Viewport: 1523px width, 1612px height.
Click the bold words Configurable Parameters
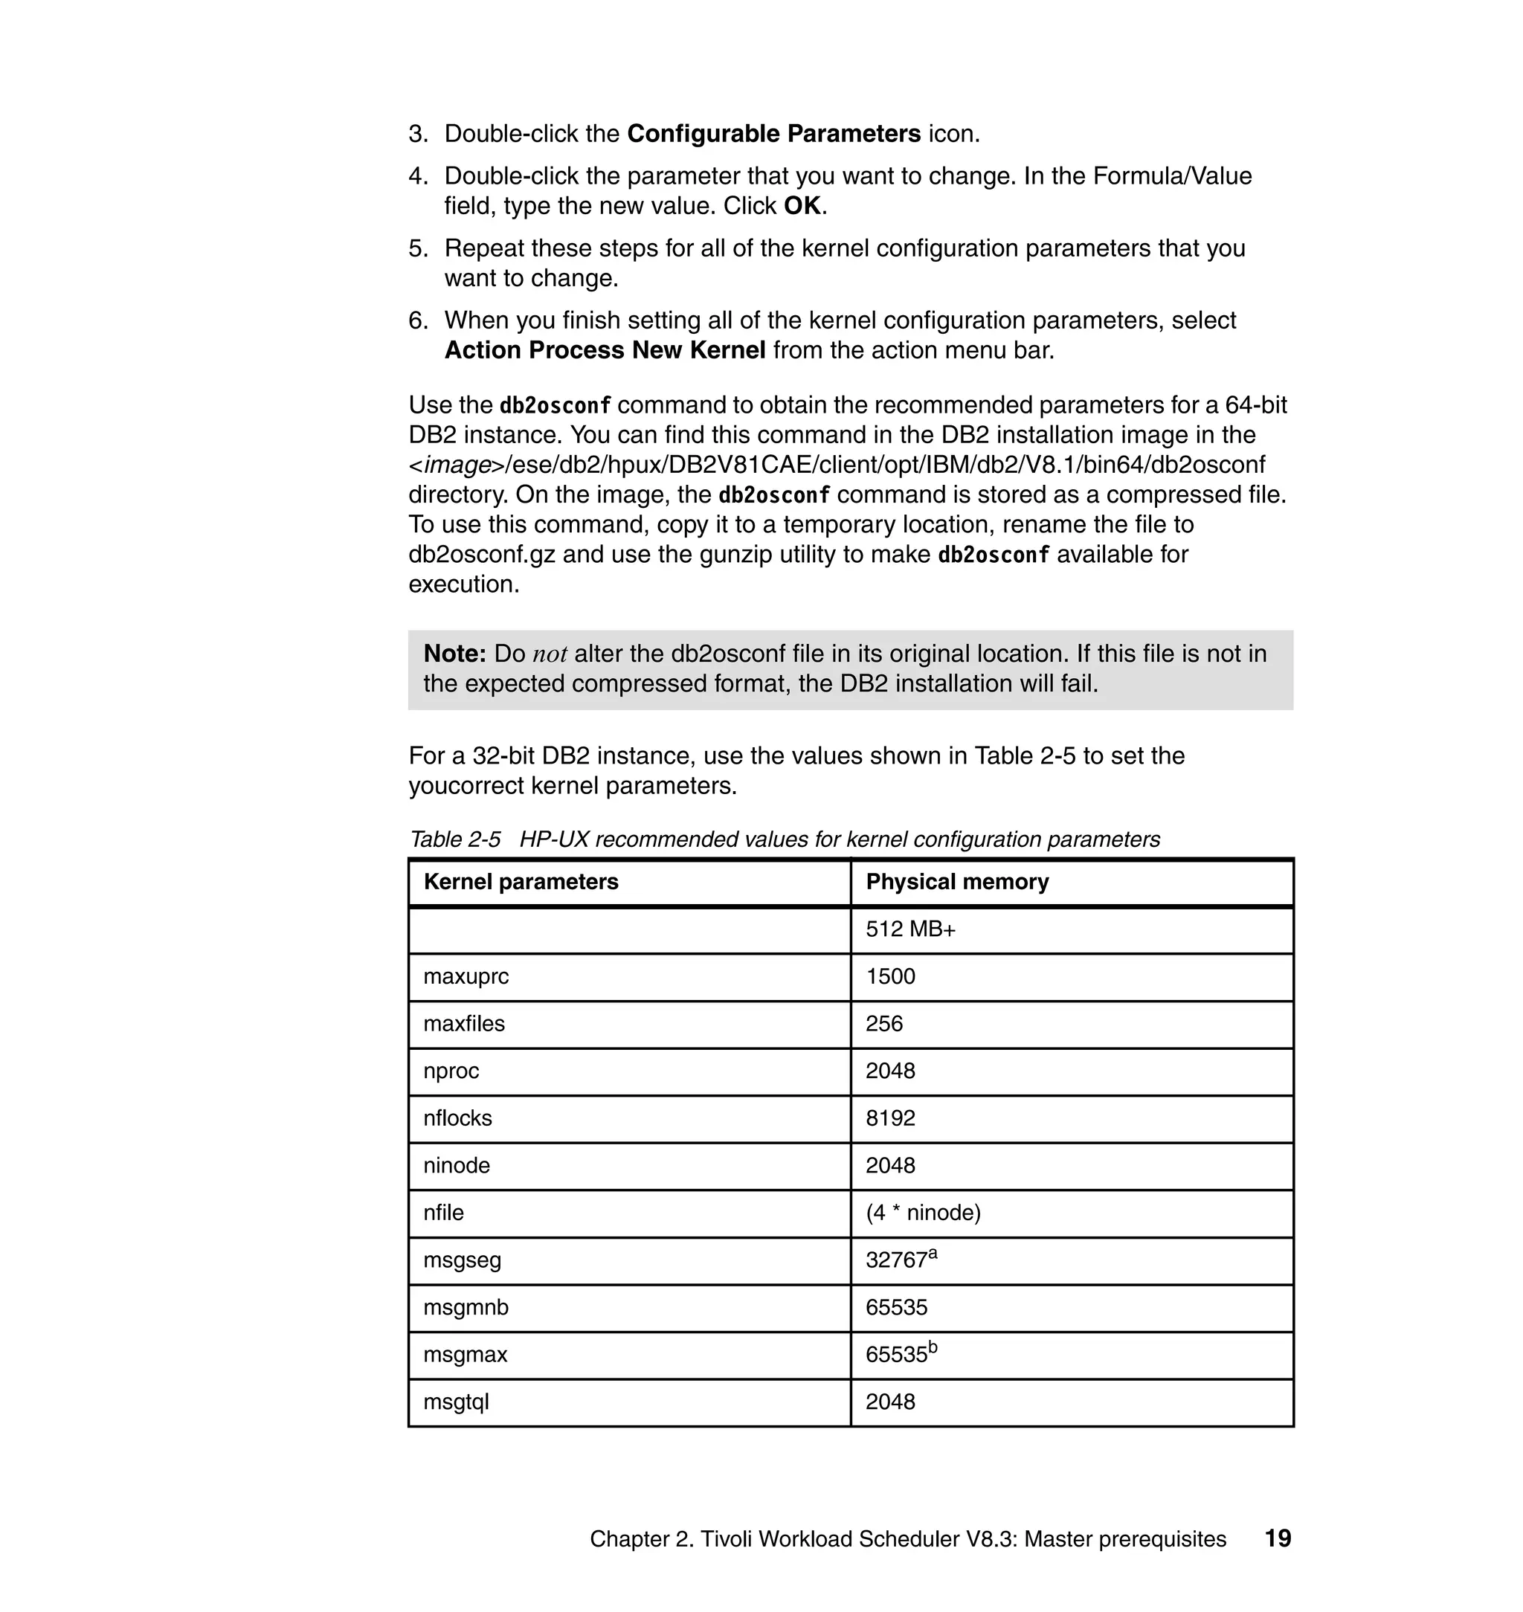(773, 134)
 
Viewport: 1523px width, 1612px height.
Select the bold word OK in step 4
(802, 206)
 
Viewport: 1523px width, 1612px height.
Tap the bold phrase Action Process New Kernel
(605, 351)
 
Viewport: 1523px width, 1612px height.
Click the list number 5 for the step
(417, 248)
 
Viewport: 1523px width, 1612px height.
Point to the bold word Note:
(454, 654)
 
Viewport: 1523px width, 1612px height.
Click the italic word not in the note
(550, 654)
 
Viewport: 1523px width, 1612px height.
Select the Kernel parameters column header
(521, 882)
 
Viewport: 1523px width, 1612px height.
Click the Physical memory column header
(956, 882)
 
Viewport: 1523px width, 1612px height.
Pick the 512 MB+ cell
(910, 929)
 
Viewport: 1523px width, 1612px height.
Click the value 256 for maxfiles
(883, 1024)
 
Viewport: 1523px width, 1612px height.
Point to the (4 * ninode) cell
(923, 1213)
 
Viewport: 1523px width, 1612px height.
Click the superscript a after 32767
(933, 1254)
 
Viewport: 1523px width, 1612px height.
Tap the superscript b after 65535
(933, 1348)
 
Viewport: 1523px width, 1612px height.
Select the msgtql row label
(457, 1402)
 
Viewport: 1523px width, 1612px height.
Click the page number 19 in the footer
(1278, 1539)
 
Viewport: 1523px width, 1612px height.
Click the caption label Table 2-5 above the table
(454, 839)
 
